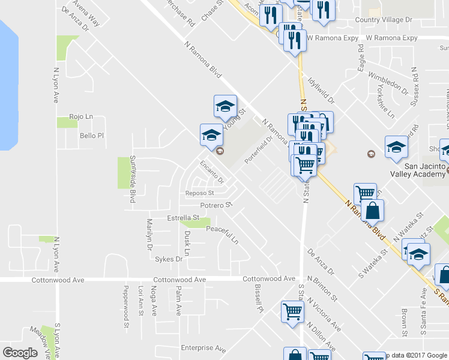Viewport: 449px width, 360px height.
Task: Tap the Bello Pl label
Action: pyautogui.click(x=92, y=136)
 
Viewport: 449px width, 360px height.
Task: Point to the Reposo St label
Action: pyautogui.click(x=200, y=193)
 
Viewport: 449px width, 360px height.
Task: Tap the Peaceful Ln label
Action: pyautogui.click(x=223, y=235)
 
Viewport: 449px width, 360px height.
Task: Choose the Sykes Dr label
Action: pyautogui.click(x=168, y=259)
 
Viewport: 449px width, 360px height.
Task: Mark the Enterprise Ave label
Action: pyautogui.click(x=203, y=349)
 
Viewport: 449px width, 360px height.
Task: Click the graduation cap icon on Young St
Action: pyautogui.click(x=225, y=107)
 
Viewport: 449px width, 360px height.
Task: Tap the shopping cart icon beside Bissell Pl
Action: pyautogui.click(x=292, y=311)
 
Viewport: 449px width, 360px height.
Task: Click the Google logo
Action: pyautogui.click(x=20, y=352)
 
